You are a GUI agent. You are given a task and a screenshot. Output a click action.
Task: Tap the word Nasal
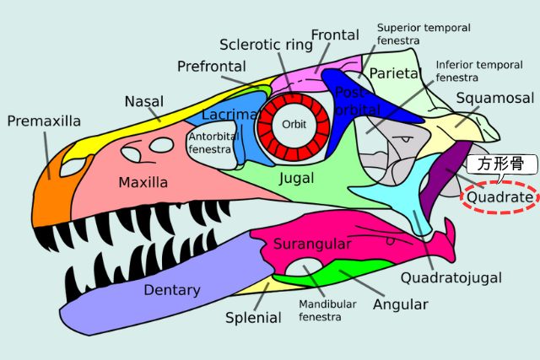144,101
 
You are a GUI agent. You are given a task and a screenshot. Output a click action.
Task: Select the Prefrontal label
212,66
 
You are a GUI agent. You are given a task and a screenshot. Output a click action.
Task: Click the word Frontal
335,35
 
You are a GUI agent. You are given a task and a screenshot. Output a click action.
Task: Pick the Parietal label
394,73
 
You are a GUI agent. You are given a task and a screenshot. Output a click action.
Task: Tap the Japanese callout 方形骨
495,164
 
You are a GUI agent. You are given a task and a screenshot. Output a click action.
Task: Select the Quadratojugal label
451,277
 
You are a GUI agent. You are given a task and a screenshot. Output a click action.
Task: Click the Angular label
401,304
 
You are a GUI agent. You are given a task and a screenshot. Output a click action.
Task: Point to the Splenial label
253,318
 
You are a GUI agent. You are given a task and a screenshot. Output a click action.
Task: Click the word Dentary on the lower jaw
172,290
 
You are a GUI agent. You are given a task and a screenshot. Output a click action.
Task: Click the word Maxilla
143,182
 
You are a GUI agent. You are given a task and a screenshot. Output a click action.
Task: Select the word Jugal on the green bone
295,179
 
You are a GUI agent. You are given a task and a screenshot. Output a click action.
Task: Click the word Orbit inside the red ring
294,124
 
